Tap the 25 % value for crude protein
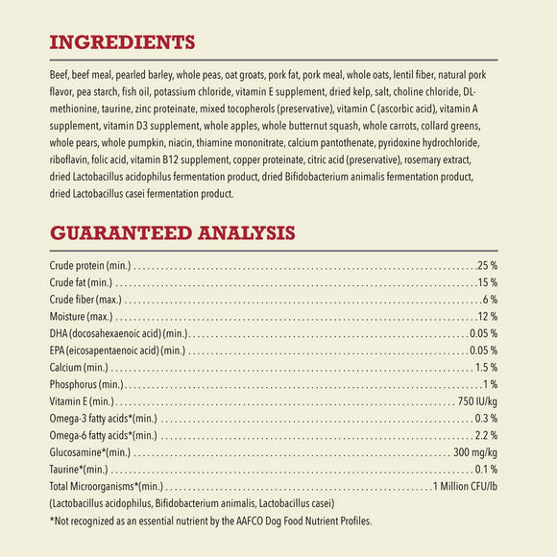click(487, 264)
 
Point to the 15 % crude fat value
click(487, 282)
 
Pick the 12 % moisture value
click(487, 316)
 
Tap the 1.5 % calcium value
click(485, 367)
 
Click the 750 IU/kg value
click(477, 401)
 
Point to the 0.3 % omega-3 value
click(485, 419)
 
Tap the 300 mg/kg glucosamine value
click(474, 452)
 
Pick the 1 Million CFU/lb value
click(465, 486)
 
